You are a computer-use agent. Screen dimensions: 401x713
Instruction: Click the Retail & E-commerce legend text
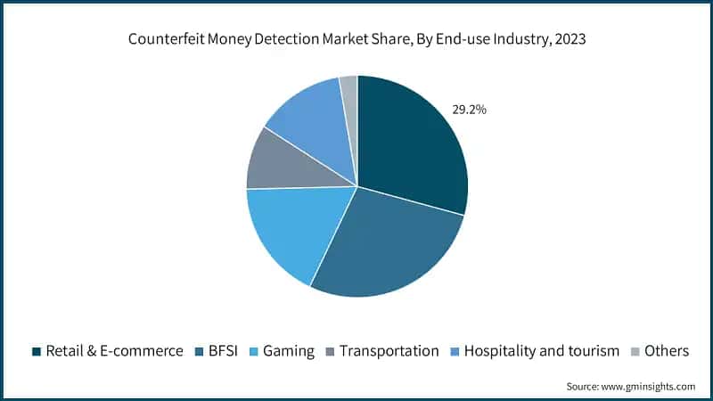tap(115, 351)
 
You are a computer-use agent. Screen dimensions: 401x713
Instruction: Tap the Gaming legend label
tap(291, 351)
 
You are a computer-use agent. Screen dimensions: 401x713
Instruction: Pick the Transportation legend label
tap(389, 351)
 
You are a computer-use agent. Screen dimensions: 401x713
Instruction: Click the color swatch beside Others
tap(635, 352)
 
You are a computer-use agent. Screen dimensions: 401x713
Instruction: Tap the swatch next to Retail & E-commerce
tap(37, 352)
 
